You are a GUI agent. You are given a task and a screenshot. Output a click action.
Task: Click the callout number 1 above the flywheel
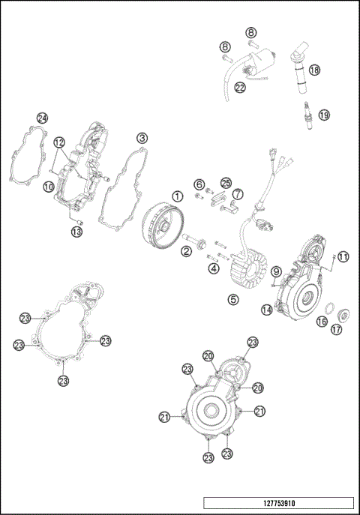pos(177,196)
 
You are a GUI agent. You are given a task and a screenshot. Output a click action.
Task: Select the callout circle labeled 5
pos(233,299)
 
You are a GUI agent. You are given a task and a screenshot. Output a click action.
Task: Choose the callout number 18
pos(314,70)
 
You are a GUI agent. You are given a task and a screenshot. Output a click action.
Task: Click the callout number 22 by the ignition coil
pos(240,88)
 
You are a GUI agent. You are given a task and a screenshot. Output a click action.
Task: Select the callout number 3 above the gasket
pos(142,138)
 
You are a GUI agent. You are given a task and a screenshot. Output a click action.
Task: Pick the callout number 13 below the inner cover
pos(76,232)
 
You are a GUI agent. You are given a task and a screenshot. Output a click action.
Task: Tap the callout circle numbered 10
pos(47,187)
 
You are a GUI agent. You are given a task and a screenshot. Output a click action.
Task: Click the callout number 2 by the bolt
pos(184,252)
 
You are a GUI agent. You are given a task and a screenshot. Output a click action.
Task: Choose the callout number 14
pos(266,310)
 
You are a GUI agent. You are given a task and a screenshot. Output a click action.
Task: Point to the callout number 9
pos(276,271)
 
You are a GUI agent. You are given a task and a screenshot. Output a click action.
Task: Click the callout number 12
pos(58,142)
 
